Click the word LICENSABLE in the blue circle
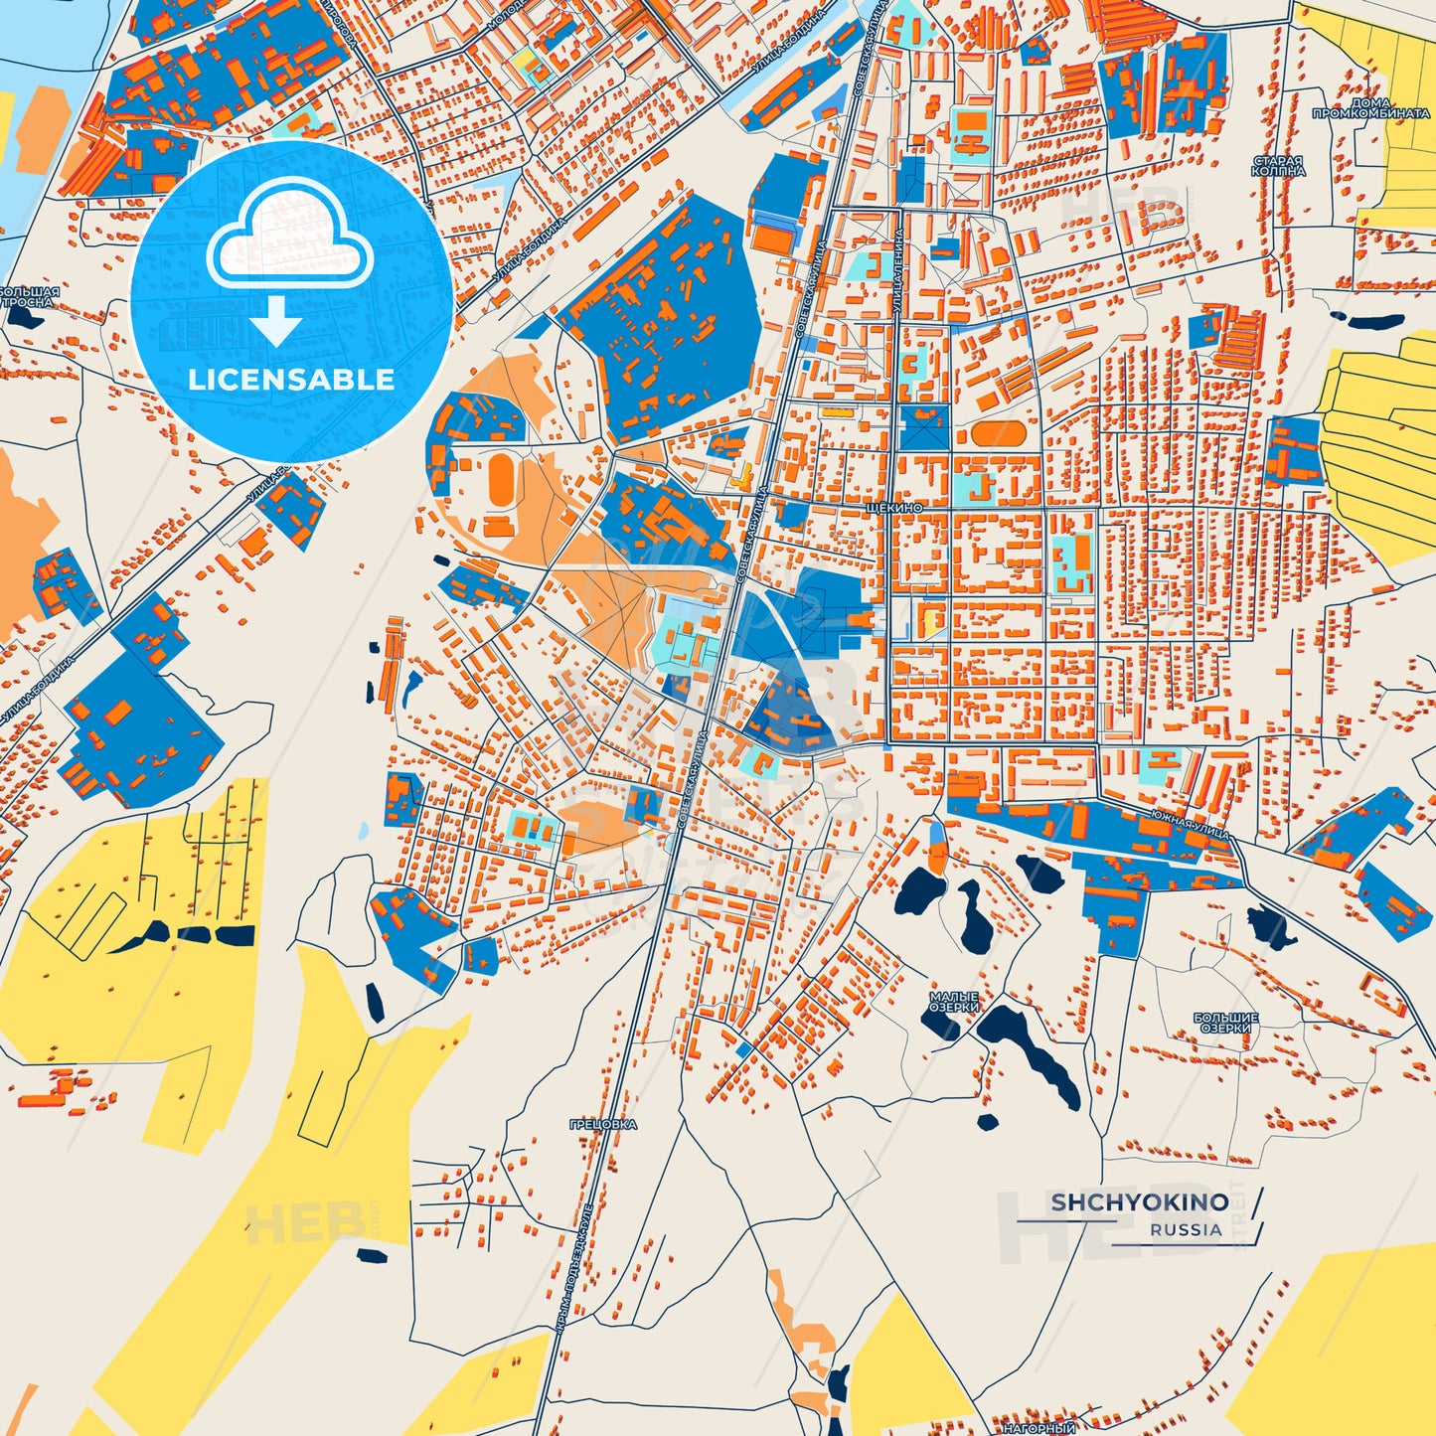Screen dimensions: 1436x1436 (291, 380)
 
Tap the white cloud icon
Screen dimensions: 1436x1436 (289, 239)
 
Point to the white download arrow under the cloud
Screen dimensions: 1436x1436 (275, 320)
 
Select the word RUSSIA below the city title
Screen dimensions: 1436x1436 (1186, 1229)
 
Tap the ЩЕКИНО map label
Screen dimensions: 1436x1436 (894, 508)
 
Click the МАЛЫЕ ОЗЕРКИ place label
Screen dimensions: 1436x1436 (954, 1002)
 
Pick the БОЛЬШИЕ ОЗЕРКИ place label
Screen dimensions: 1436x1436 (1225, 1023)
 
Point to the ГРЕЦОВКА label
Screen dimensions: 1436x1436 (603, 1124)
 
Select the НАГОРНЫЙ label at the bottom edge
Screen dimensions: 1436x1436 (1038, 1428)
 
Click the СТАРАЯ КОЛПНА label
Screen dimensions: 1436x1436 (1278, 165)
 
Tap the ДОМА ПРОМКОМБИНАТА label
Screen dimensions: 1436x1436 (1370, 108)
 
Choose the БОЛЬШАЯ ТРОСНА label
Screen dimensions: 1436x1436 (29, 296)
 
